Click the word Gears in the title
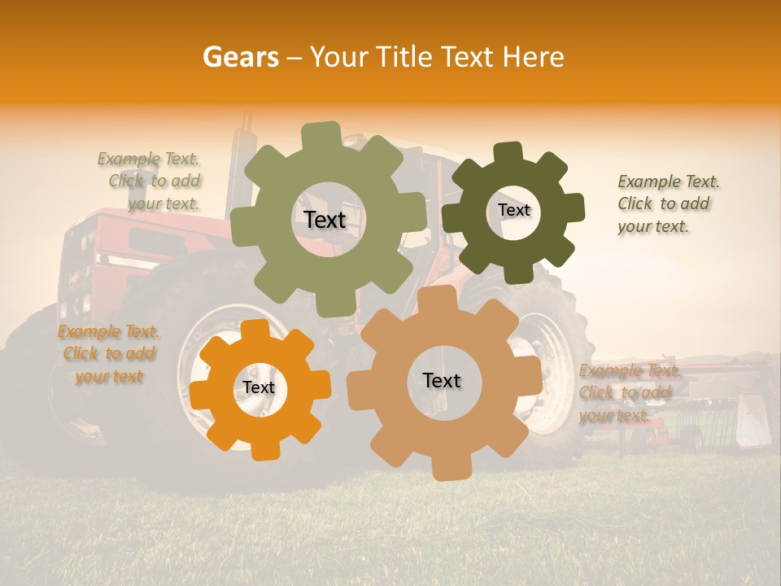pos(240,57)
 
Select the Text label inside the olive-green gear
pos(325,220)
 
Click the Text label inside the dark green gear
pos(513,210)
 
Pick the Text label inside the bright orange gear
pos(259,387)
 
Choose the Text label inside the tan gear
pos(441,380)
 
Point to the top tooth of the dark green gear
pos(508,152)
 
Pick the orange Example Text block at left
pos(107,354)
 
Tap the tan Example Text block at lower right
pos(626,393)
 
